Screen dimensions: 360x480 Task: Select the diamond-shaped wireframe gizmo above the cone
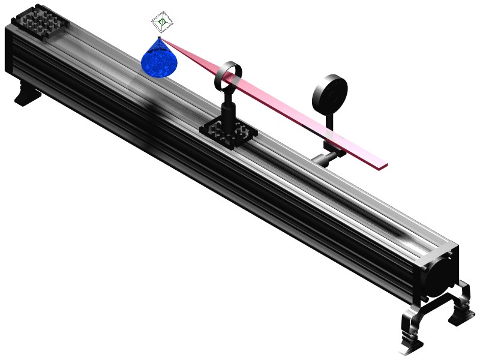coord(162,23)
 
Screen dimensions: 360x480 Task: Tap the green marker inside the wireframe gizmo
coord(162,23)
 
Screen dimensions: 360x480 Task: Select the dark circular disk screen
coord(329,94)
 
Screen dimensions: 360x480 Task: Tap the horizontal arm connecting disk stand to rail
coord(325,160)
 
